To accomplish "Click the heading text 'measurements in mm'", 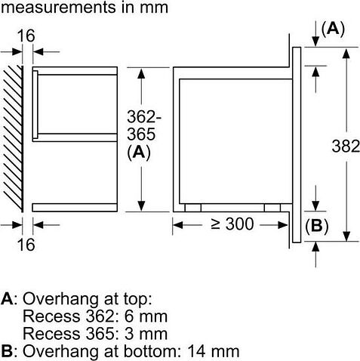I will pos(84,9).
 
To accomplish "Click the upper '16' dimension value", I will pos(27,35).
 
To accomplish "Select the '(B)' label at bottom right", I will pos(316,227).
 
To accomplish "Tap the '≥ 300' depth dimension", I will pos(231,224).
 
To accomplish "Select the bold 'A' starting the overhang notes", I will pos(7,298).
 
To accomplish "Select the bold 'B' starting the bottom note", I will pos(7,351).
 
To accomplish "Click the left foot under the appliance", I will pos(193,206).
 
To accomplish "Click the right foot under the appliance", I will pos(271,206).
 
